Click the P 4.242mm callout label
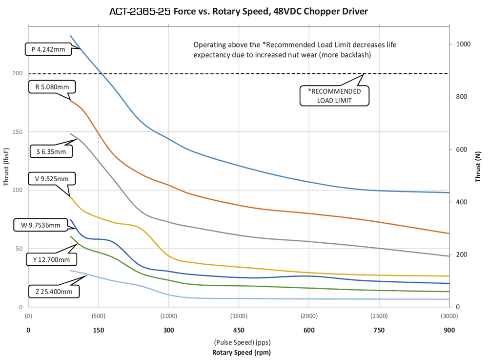click(x=48, y=49)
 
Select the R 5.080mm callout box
click(x=52, y=87)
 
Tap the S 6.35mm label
click(x=51, y=151)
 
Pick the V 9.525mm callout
click(x=51, y=179)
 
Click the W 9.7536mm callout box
click(x=41, y=225)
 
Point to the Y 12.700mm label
click(x=51, y=259)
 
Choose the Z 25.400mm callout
click(x=54, y=292)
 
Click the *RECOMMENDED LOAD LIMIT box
click(x=334, y=96)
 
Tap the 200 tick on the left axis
click(x=18, y=73)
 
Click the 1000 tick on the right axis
click(x=463, y=44)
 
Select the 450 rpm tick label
click(x=239, y=330)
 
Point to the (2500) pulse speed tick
click(x=379, y=316)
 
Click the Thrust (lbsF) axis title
click(x=6, y=167)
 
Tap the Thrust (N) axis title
click(x=478, y=167)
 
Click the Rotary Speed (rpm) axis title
click(x=242, y=353)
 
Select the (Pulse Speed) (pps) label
click(x=242, y=342)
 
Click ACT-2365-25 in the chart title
click(x=140, y=12)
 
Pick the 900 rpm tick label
click(x=449, y=330)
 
